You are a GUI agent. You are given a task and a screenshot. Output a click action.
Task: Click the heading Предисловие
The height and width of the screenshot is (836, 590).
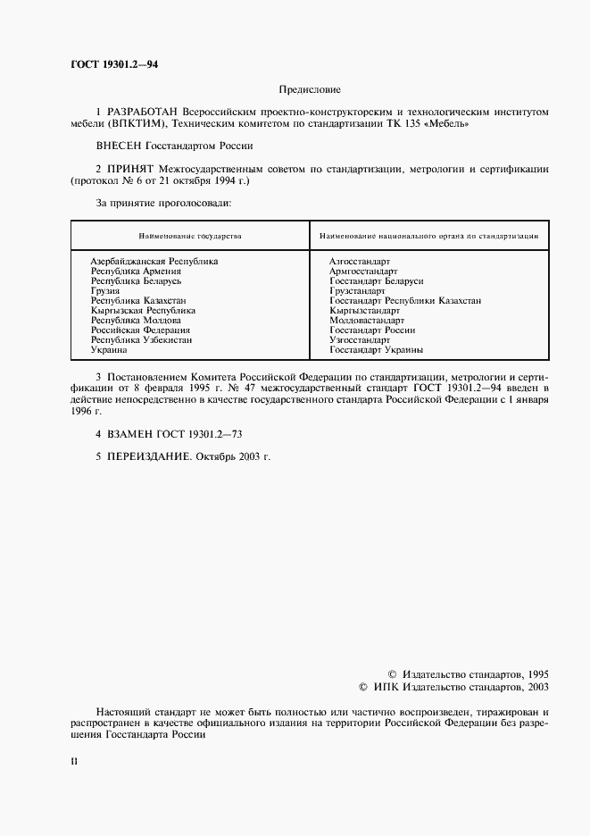pyautogui.click(x=310, y=89)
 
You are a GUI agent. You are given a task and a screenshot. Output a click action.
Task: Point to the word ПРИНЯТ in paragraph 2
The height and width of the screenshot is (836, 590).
pyautogui.click(x=131, y=168)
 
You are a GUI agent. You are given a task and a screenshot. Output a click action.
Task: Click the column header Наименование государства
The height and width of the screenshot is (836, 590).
pyautogui.click(x=190, y=236)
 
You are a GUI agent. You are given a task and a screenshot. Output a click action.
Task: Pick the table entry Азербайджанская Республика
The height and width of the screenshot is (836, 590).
pyautogui.click(x=154, y=261)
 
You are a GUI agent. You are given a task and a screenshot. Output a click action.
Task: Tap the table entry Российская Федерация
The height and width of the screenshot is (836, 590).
pyautogui.click(x=141, y=330)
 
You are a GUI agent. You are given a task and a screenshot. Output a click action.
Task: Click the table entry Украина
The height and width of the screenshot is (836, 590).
pyautogui.click(x=109, y=350)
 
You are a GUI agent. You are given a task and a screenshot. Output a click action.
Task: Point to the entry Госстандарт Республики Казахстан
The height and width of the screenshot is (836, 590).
pyautogui.click(x=405, y=301)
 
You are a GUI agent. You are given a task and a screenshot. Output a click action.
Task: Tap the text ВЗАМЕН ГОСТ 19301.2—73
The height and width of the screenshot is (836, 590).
pyautogui.click(x=170, y=432)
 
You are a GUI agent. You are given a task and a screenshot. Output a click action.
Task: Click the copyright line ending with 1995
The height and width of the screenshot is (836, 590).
pyautogui.click(x=469, y=674)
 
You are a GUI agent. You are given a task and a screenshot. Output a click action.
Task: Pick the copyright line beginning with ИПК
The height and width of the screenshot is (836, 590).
pyautogui.click(x=453, y=687)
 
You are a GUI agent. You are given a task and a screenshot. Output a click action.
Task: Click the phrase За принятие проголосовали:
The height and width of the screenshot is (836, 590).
pyautogui.click(x=163, y=203)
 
